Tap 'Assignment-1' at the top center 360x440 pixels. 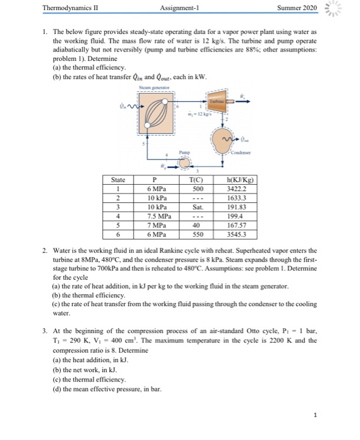pyautogui.click(x=180, y=8)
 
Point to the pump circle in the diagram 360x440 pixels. pyautogui.click(x=185, y=163)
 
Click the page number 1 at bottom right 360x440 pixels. pyautogui.click(x=339, y=415)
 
